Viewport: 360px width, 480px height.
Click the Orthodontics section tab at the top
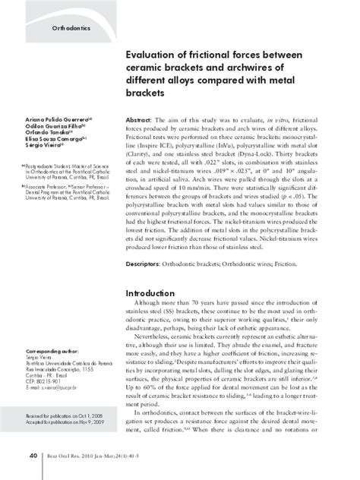(71, 27)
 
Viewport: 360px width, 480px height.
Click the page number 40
(34, 456)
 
